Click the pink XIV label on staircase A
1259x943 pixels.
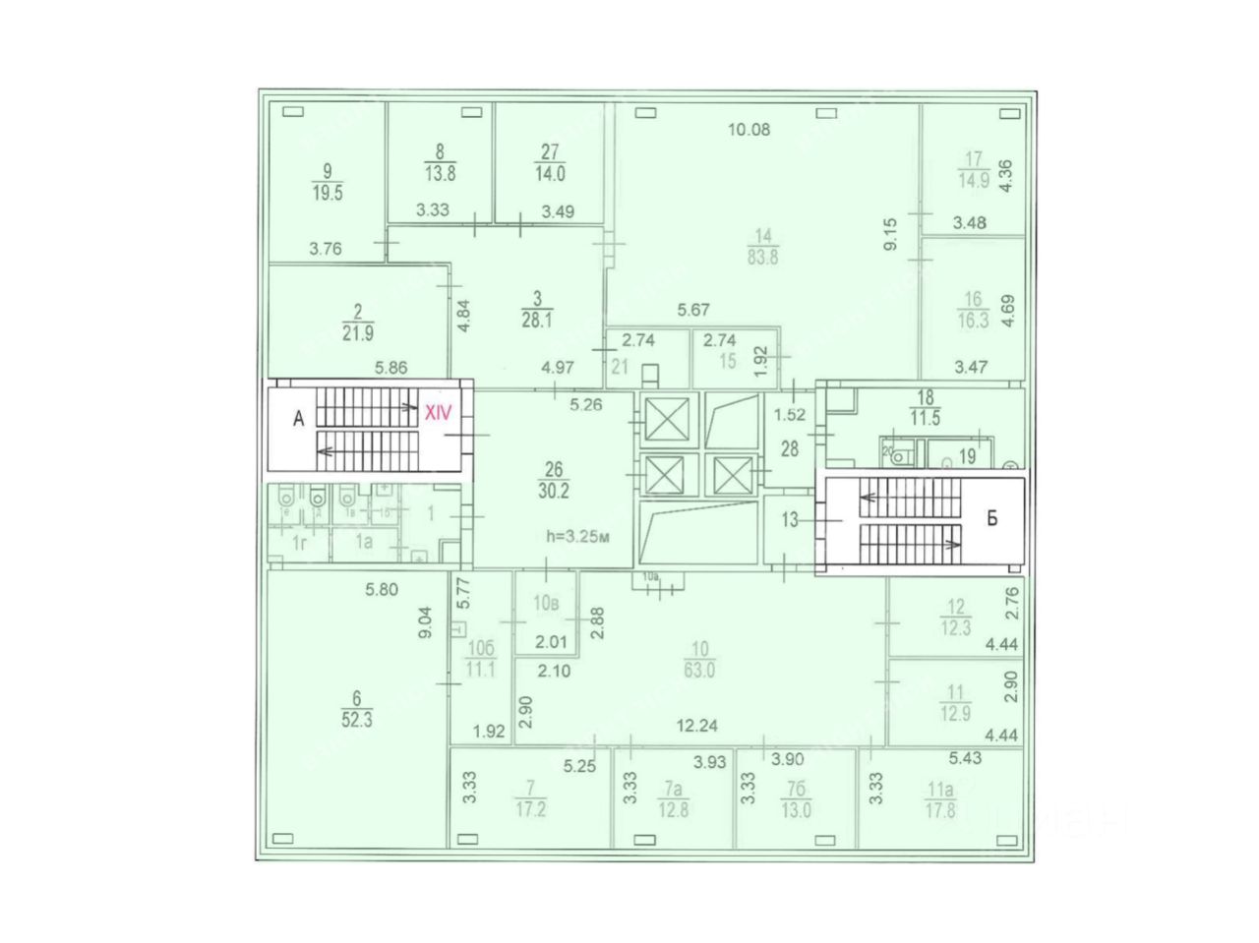(x=437, y=413)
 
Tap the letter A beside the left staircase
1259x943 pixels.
(x=298, y=419)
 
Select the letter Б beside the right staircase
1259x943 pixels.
(x=991, y=519)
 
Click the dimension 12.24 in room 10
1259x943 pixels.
(x=696, y=727)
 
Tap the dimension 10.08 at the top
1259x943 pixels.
(x=749, y=129)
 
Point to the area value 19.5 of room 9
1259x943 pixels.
(x=327, y=194)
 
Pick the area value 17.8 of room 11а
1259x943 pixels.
(x=940, y=811)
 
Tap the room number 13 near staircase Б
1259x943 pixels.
(x=791, y=521)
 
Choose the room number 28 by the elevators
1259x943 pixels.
(x=791, y=449)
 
